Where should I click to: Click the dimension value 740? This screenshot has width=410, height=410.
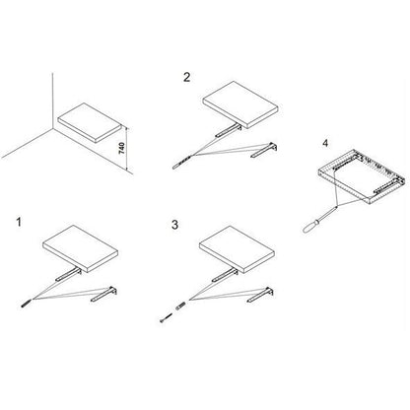[121, 149]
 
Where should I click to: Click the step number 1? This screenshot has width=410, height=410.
[19, 222]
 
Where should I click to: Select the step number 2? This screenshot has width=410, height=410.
[186, 77]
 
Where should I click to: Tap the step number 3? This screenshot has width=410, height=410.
[174, 225]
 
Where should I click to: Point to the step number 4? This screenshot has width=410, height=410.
[325, 143]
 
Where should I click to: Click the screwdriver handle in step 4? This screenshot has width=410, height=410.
[310, 227]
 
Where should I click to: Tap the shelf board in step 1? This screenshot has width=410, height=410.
[81, 248]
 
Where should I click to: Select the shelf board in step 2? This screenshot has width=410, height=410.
[240, 104]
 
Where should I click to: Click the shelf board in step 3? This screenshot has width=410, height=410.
[237, 249]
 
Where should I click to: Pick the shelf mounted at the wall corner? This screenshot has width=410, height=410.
[89, 122]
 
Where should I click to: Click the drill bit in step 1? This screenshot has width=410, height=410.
[27, 303]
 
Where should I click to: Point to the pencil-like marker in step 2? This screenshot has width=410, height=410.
[181, 163]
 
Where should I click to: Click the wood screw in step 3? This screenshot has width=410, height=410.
[167, 317]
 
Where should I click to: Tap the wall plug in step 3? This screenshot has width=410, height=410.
[180, 306]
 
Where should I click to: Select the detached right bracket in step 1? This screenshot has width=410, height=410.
[104, 294]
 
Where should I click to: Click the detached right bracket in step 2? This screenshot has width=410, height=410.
[264, 150]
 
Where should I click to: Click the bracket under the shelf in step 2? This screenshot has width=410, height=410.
[229, 130]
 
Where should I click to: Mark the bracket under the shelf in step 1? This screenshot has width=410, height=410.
[68, 274]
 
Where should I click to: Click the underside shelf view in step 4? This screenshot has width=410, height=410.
[363, 175]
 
